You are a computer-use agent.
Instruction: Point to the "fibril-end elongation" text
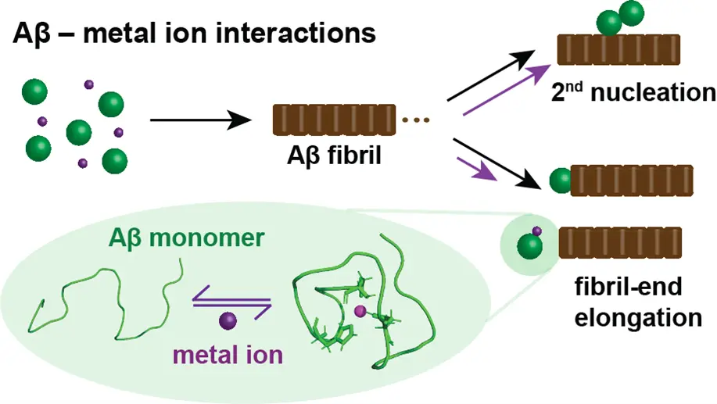(x=636, y=303)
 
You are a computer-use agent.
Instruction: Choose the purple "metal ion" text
(x=228, y=355)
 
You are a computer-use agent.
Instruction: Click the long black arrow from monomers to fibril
(x=199, y=121)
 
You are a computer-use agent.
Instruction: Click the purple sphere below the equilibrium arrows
(x=228, y=320)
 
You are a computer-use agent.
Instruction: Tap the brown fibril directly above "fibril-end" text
(x=621, y=242)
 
